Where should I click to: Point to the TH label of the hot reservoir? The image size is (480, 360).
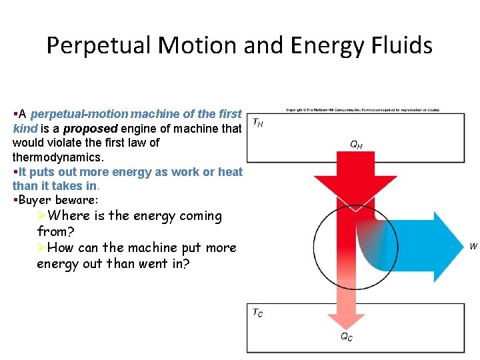(257, 123)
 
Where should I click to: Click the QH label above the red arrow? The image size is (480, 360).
(357, 144)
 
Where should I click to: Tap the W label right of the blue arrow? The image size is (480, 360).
(473, 247)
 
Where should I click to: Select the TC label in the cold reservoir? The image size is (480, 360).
(257, 313)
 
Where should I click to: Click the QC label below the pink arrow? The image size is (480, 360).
(347, 337)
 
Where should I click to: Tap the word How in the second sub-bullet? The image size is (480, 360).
(62, 248)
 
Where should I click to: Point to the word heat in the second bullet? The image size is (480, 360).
(230, 172)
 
